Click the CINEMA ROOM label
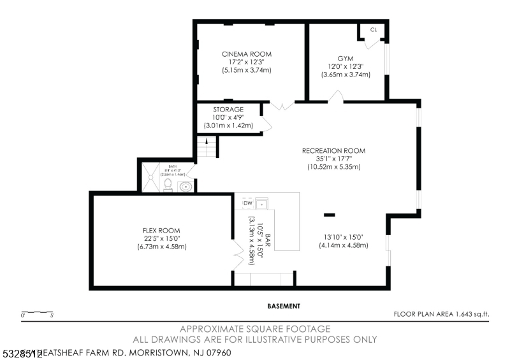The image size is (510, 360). [x=246, y=54]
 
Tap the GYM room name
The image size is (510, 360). [x=346, y=58]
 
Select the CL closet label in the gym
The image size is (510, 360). [x=373, y=29]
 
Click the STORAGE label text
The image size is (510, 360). [x=228, y=110]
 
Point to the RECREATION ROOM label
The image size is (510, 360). [x=333, y=151]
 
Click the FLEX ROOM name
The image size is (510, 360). [x=161, y=230]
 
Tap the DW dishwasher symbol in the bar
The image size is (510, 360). [x=247, y=203]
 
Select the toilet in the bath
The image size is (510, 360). [x=168, y=185]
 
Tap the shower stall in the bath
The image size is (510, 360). [x=150, y=176]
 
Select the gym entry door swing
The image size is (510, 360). [x=336, y=97]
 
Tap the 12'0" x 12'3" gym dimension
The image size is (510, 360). [x=346, y=66]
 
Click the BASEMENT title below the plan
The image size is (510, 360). [x=284, y=306]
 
